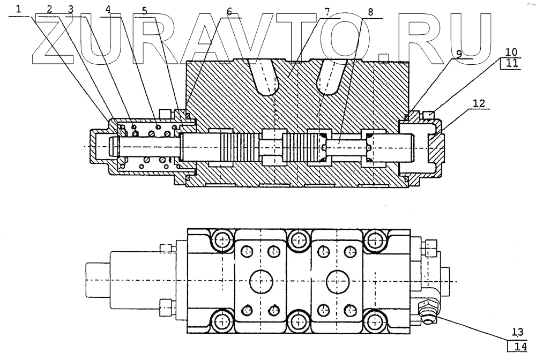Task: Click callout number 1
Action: point(18,9)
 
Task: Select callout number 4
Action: point(108,10)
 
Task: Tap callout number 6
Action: point(229,12)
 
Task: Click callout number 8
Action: point(370,12)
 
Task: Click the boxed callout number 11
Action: point(512,63)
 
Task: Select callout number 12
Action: point(479,103)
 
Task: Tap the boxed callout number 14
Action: point(518,347)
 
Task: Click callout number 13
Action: point(518,332)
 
